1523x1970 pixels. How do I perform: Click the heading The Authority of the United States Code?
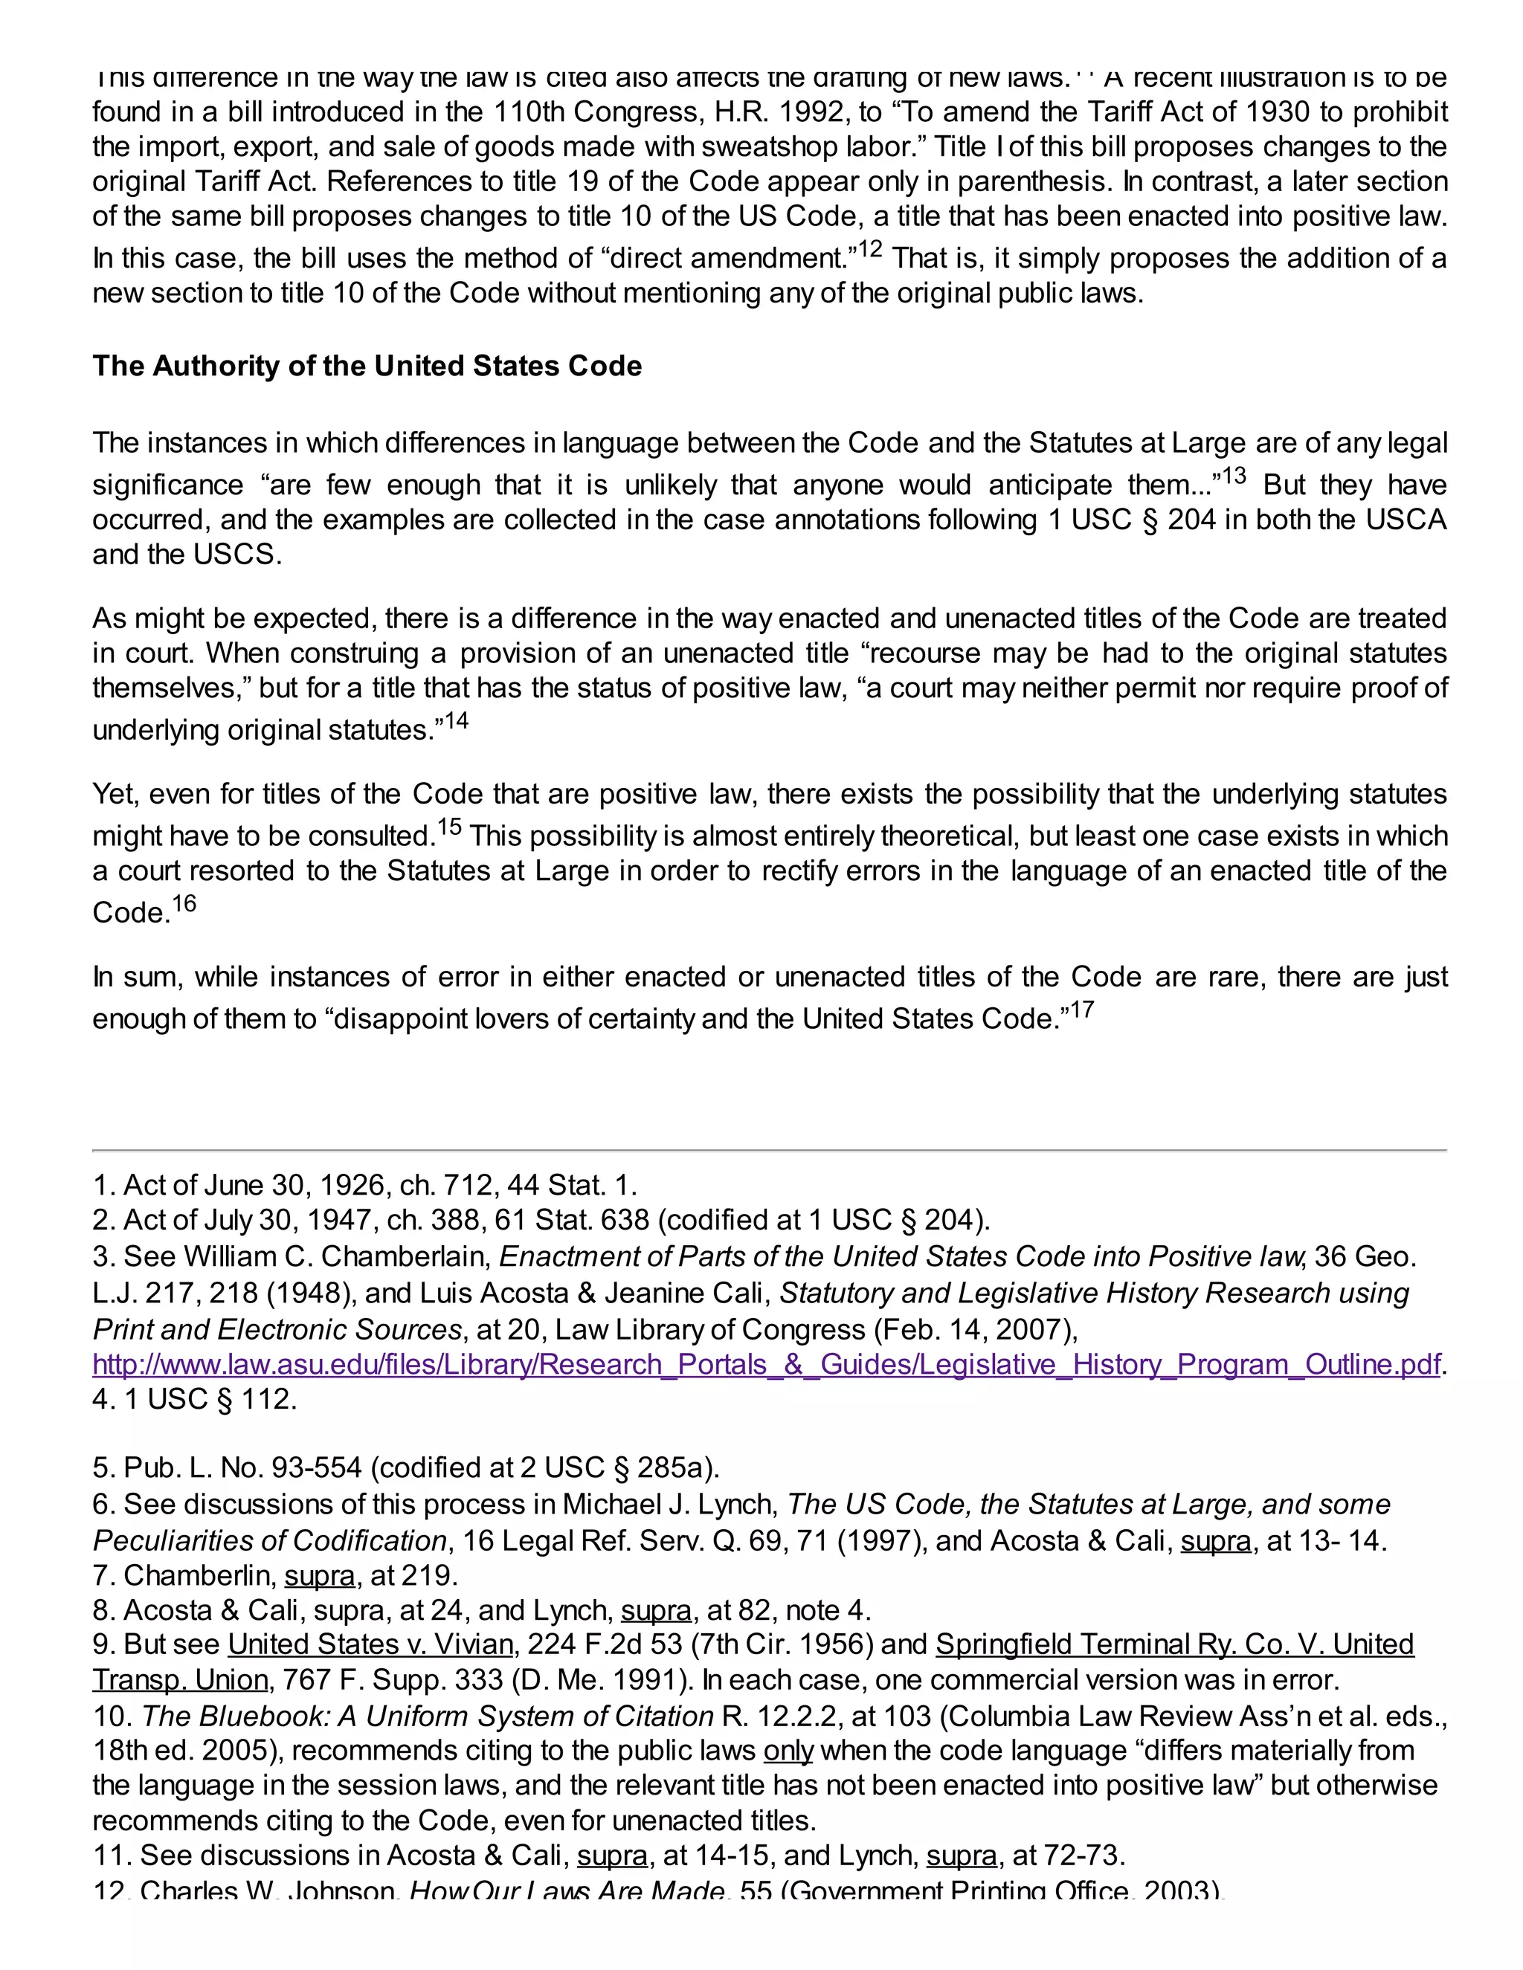point(367,366)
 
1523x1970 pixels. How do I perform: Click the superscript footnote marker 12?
point(870,249)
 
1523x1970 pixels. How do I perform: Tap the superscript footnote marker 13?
point(1234,475)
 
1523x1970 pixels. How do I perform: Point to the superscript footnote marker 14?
point(457,720)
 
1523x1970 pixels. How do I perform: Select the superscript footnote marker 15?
point(449,826)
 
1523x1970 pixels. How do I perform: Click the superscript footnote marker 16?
point(184,903)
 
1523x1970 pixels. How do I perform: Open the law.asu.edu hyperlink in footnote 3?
point(766,1364)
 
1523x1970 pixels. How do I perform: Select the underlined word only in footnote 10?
point(788,1751)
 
